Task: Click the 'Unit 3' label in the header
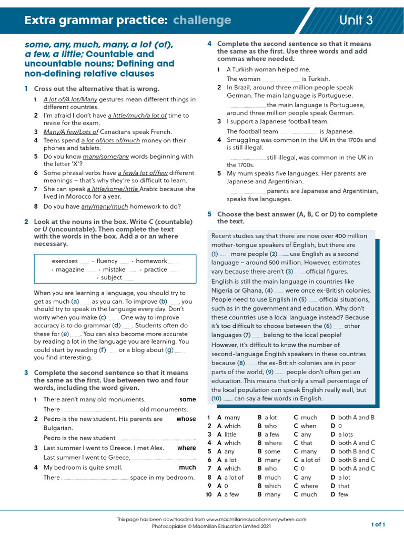tap(356, 20)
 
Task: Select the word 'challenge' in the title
tap(202, 20)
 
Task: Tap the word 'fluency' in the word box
tap(107, 261)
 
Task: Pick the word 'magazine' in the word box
tap(70, 270)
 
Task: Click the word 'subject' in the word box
tap(112, 278)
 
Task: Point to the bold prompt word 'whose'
tap(186, 419)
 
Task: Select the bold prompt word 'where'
tap(186, 448)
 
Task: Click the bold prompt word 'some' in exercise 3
tap(187, 399)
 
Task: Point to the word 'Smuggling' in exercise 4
tap(243, 140)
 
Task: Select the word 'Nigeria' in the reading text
tap(224, 291)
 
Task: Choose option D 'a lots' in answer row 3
tap(346, 434)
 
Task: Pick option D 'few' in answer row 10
tap(343, 494)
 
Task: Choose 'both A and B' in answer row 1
tap(356, 417)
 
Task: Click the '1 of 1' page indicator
tap(378, 524)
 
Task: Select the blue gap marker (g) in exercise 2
tap(169, 350)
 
